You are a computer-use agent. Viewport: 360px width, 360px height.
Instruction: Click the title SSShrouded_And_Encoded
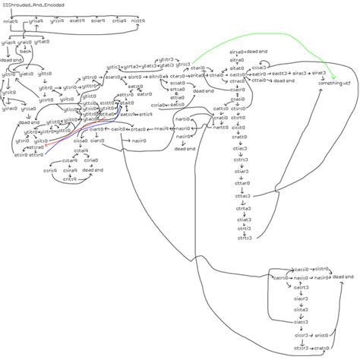[33, 5]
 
